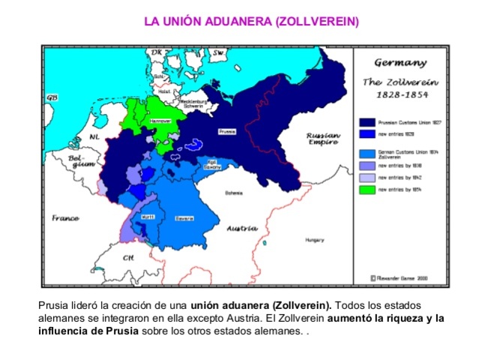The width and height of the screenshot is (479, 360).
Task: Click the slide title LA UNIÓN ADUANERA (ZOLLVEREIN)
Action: (x=251, y=21)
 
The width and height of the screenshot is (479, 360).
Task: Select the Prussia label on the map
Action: (x=228, y=130)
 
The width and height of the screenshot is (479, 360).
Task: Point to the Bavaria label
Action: (x=184, y=218)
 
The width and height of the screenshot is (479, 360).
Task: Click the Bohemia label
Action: (x=234, y=193)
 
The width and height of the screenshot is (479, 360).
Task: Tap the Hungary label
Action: (x=314, y=240)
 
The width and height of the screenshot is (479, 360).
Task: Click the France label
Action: (x=66, y=218)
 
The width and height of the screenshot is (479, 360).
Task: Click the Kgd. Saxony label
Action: (x=213, y=164)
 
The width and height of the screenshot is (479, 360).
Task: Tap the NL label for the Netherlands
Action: (x=94, y=137)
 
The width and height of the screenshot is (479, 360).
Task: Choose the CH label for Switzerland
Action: (x=129, y=257)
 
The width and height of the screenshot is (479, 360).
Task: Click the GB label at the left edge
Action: (x=52, y=98)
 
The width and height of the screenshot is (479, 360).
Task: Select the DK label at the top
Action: (x=156, y=52)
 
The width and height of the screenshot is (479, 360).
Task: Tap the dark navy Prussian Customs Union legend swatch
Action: (x=367, y=121)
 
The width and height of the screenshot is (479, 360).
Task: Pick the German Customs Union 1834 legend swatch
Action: (x=367, y=151)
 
